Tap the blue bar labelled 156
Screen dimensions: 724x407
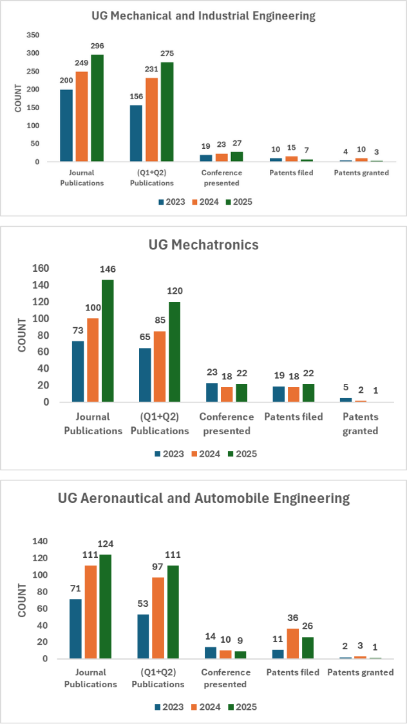[137, 133]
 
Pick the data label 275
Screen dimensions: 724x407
[167, 53]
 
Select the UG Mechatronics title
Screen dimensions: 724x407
[203, 245]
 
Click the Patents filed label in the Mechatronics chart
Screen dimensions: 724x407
[295, 417]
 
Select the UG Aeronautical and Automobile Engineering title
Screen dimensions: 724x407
[203, 499]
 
